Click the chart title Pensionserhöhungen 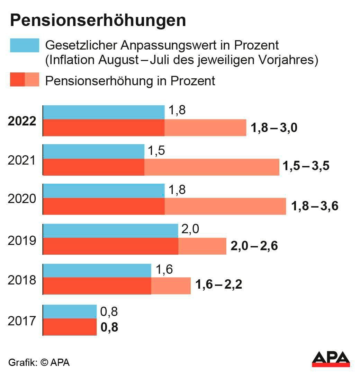pos(98,20)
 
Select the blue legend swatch pos(24,45)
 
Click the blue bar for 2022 pos(103,112)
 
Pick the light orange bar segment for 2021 pos(211,167)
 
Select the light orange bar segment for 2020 pos(225,207)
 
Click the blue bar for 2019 pos(110,231)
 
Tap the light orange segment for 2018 pos(171,286)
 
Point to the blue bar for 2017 pos(70,312)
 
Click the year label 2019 pos(22,240)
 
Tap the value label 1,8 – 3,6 pos(315,207)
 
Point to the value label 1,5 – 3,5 pos(306,166)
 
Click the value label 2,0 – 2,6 pos(254,246)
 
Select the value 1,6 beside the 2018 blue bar pos(164,270)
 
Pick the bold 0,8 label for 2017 pos(109,327)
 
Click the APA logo pos(331,359)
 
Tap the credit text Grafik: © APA pos(39,362)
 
